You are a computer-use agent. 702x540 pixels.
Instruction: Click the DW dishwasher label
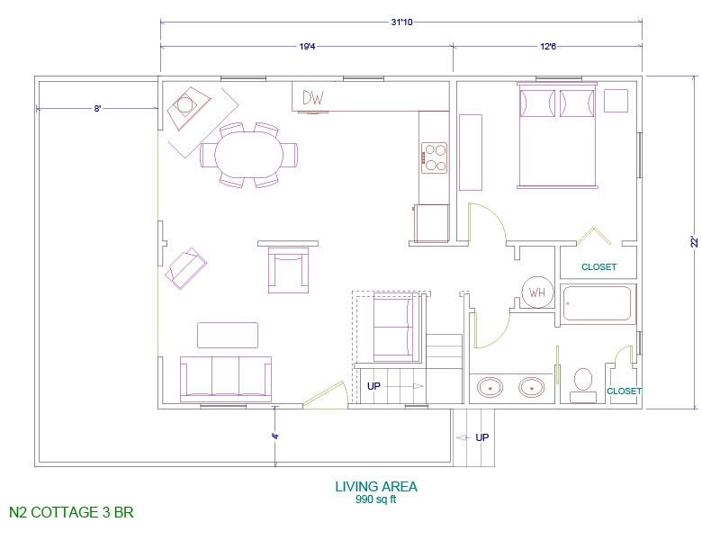click(313, 97)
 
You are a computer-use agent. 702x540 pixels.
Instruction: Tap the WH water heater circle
click(537, 292)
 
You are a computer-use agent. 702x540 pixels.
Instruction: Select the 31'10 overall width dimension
click(401, 22)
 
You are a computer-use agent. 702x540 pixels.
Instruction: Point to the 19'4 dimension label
click(307, 46)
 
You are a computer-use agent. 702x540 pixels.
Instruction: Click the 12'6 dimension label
click(548, 46)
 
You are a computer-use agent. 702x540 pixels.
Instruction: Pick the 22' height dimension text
click(694, 242)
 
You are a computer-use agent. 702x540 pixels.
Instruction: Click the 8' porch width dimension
click(97, 108)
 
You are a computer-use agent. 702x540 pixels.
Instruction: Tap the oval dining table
click(249, 155)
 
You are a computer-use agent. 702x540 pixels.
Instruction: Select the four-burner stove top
click(434, 157)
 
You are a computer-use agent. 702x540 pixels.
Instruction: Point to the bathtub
click(597, 303)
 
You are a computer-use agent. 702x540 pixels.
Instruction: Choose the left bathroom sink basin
click(490, 387)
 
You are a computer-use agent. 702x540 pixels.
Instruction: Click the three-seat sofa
click(226, 379)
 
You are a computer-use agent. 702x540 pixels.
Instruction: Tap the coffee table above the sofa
click(228, 335)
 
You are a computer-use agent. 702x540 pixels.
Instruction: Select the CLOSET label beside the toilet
click(624, 391)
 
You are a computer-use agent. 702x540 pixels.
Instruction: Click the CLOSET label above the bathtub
click(599, 267)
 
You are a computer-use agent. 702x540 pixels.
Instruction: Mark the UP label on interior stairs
click(373, 386)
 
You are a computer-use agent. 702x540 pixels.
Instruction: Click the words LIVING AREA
click(376, 486)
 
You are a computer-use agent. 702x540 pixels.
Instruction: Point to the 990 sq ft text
click(375, 499)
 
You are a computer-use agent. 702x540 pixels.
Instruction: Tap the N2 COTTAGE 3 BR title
click(71, 512)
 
